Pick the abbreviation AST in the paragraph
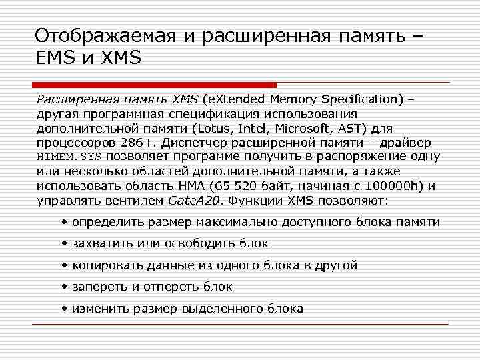(x=369, y=128)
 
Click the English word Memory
(x=294, y=99)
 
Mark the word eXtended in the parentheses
(x=237, y=99)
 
